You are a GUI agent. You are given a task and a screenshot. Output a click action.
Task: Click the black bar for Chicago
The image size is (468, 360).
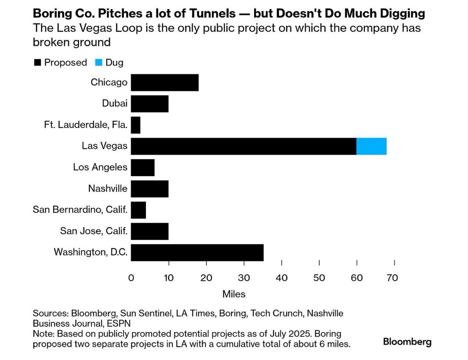[x=164, y=83]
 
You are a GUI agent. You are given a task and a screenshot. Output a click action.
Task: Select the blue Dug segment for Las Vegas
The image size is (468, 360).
[x=371, y=146]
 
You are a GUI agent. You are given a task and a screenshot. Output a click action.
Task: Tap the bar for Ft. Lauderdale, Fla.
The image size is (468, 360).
[x=136, y=125]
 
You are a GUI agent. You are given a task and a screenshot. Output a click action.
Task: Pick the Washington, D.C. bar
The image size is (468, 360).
[x=197, y=252]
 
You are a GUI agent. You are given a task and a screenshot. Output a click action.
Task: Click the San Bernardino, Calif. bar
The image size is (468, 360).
[x=138, y=210]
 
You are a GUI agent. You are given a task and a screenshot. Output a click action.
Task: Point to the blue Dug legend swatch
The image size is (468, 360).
[x=99, y=62]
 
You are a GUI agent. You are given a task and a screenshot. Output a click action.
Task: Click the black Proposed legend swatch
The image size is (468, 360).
[x=38, y=62]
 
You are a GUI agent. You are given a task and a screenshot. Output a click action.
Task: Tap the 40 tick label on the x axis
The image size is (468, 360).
[x=281, y=278]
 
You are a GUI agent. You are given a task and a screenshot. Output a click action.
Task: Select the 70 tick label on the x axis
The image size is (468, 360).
[x=392, y=278]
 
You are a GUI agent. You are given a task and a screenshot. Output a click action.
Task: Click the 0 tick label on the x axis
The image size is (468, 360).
[x=131, y=278]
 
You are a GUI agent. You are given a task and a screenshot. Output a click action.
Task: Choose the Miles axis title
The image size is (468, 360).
[x=234, y=294]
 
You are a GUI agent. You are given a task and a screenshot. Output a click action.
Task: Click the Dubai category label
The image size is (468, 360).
[x=114, y=103]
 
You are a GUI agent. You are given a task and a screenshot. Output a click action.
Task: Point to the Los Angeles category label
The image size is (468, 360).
[x=100, y=167]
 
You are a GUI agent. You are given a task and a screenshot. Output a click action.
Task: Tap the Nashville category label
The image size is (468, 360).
[x=108, y=188]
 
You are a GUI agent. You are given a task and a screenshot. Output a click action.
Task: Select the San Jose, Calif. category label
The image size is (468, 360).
[x=94, y=231]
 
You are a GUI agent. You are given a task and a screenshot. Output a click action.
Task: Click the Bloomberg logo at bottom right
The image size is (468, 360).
[x=407, y=342]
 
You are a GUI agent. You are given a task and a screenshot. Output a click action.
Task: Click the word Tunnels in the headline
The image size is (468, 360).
[x=212, y=14]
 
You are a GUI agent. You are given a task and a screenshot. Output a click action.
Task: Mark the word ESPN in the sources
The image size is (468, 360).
[x=119, y=324]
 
